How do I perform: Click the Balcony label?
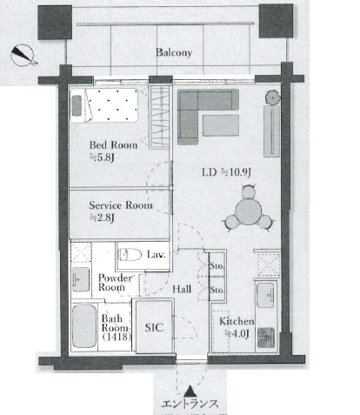(174, 52)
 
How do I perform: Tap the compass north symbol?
(23, 55)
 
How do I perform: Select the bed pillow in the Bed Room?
(77, 105)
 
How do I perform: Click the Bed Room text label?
(113, 144)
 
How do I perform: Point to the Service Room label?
(121, 205)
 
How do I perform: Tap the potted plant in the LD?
(273, 97)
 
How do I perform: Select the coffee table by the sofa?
(221, 125)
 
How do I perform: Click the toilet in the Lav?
(130, 255)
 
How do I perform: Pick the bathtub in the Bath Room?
(84, 326)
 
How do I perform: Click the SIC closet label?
(154, 327)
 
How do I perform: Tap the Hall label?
(182, 289)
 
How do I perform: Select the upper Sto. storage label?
(217, 265)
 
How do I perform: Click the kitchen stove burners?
(266, 338)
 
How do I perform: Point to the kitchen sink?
(265, 295)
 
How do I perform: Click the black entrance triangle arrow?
(190, 391)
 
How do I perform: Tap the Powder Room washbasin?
(81, 279)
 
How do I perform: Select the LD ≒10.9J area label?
(226, 172)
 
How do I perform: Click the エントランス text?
(190, 404)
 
